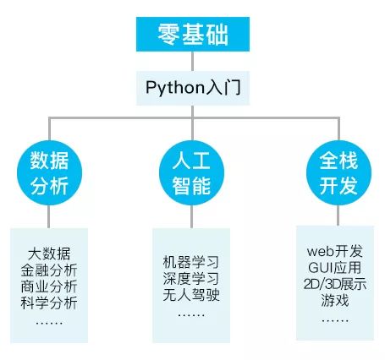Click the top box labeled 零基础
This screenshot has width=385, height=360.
[193, 34]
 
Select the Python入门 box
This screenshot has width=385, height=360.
[193, 86]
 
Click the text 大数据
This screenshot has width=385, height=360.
[49, 254]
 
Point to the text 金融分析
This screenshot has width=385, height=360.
[49, 270]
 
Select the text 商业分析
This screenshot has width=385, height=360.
[49, 287]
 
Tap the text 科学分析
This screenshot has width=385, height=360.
[49, 303]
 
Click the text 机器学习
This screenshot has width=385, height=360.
[190, 261]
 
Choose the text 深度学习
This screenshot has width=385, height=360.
[190, 278]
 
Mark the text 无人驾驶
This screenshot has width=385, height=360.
[190, 295]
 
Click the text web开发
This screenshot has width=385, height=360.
[335, 253]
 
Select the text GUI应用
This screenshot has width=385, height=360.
[335, 269]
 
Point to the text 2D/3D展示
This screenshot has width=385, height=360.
[335, 285]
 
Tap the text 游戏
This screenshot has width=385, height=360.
[335, 301]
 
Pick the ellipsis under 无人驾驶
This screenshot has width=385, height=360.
[190, 314]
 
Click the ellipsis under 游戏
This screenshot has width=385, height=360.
[335, 320]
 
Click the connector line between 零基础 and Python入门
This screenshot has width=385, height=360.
[193, 60]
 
